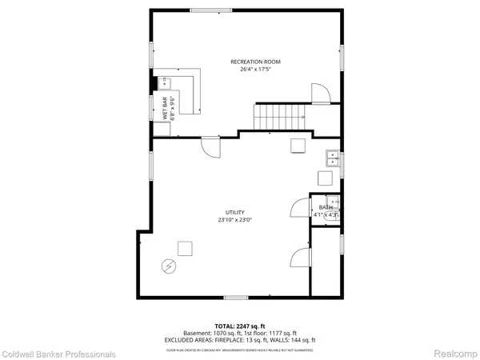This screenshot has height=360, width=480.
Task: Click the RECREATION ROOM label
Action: [x=256, y=62]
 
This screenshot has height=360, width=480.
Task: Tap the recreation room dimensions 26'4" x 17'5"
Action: [x=256, y=70]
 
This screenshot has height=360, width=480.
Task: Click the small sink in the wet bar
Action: [x=166, y=82]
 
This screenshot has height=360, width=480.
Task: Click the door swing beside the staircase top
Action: [x=318, y=93]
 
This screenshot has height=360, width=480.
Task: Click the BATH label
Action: [x=326, y=208]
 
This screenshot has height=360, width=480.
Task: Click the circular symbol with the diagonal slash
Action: [x=170, y=266]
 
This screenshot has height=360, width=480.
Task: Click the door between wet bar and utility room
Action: [x=210, y=147]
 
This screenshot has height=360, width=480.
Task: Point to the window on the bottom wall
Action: [x=234, y=297]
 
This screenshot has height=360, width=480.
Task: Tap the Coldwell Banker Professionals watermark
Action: [x=58, y=353]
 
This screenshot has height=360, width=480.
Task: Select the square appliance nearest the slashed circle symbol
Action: [x=186, y=248]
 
